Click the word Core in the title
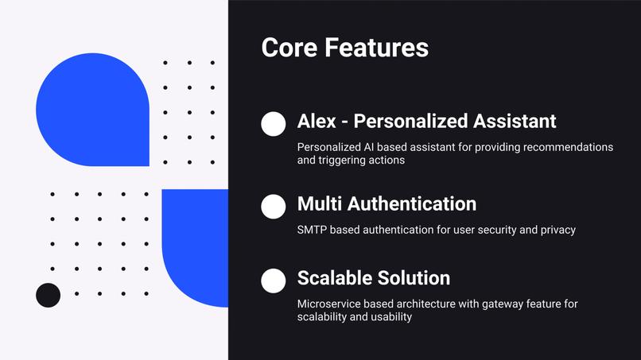[289, 48]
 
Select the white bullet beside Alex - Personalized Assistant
[273, 124]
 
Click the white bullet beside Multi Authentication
[273, 207]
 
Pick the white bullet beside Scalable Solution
[273, 281]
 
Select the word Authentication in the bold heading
[412, 203]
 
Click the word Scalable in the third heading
[334, 278]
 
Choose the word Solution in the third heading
[414, 278]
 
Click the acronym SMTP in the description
[313, 230]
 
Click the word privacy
[558, 230]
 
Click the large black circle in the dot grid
[49, 295]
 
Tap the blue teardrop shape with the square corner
[93, 110]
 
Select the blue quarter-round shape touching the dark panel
[195, 248]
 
